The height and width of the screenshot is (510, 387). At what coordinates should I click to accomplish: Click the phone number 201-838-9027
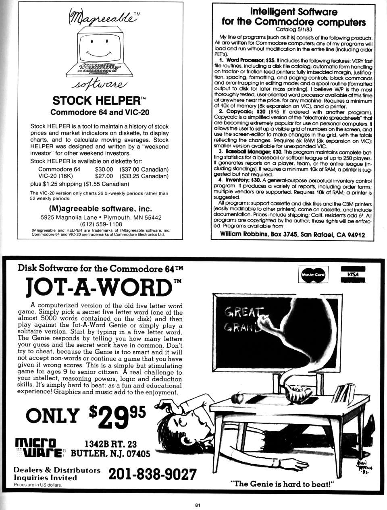point(152,474)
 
